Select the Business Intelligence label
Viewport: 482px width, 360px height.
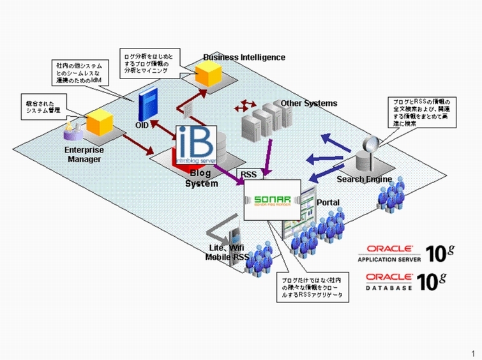tap(244, 57)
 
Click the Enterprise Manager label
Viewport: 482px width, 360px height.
tap(84, 154)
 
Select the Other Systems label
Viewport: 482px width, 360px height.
tap(308, 103)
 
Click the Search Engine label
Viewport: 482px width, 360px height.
tap(364, 179)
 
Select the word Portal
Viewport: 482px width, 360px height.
tap(329, 202)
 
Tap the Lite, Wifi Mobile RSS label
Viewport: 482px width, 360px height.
tap(227, 253)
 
